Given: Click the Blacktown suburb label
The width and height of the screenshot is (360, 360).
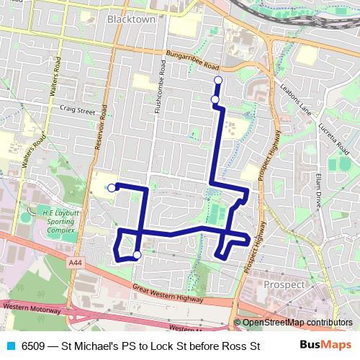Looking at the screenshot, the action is click(x=131, y=20).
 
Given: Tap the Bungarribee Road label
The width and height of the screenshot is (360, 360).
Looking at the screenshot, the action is click(x=192, y=62).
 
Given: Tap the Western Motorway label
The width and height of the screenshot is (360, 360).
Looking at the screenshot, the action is click(x=30, y=307).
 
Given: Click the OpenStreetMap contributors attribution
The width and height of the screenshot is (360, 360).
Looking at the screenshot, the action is click(x=297, y=323).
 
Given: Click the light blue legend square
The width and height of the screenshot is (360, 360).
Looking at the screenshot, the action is click(x=9, y=346).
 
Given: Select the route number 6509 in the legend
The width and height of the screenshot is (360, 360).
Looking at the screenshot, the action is click(x=33, y=346).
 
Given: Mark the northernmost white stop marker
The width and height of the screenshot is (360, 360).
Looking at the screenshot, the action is click(x=217, y=80).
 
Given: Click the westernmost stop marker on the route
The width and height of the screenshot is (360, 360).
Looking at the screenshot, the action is click(x=111, y=187).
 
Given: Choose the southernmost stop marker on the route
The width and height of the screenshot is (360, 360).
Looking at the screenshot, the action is click(x=136, y=253).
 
